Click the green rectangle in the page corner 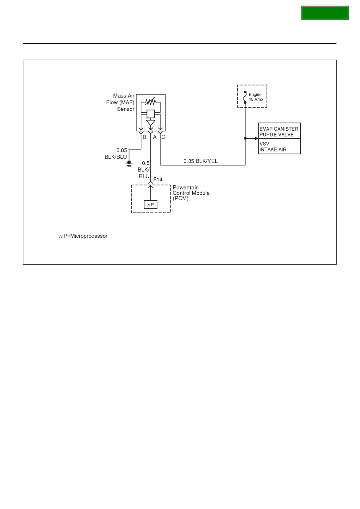[x=325, y=13]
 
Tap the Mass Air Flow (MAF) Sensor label [x=120, y=102]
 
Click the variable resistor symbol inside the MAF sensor [x=150, y=101]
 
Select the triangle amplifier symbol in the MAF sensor [x=151, y=123]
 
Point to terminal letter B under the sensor [x=144, y=137]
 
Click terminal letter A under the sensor [x=155, y=137]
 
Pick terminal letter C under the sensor [x=163, y=137]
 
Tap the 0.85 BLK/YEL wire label [x=200, y=161]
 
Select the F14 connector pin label [x=158, y=179]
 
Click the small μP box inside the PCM [x=151, y=205]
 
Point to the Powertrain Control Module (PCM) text [x=191, y=193]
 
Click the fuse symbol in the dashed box [x=245, y=97]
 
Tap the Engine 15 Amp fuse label [x=256, y=97]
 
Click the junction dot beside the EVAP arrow [x=245, y=138]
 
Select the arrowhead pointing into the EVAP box [x=257, y=138]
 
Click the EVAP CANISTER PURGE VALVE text [x=279, y=132]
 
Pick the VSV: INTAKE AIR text [x=273, y=147]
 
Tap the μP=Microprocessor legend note [x=83, y=236]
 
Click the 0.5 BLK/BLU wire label [x=144, y=170]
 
